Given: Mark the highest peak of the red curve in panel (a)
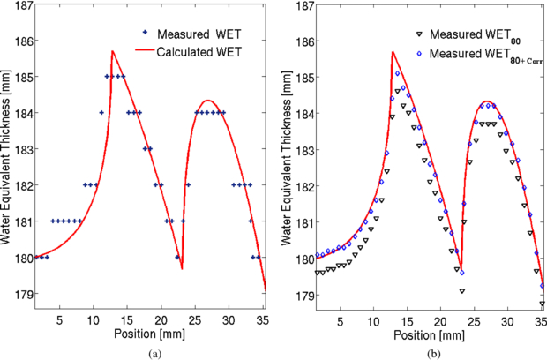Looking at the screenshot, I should pyautogui.click(x=112, y=51).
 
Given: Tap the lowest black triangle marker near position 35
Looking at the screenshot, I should pyautogui.click(x=542, y=303).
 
